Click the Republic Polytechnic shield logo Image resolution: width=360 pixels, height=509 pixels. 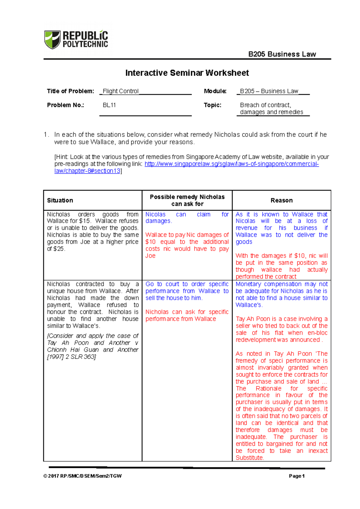[x=52, y=39]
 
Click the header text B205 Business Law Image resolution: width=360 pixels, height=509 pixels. [x=282, y=54]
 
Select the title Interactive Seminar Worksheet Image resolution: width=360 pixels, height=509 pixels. [x=187, y=73]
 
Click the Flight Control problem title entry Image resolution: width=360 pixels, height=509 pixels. [x=121, y=91]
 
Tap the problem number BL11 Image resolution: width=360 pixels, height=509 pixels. [x=109, y=105]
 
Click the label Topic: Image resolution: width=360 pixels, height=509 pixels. [x=212, y=105]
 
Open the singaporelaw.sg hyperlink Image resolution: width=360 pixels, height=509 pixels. [x=231, y=164]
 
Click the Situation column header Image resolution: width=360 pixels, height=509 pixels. [x=60, y=200]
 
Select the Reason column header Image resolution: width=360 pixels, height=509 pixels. [x=281, y=200]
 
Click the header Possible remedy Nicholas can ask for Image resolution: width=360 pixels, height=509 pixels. [x=187, y=200]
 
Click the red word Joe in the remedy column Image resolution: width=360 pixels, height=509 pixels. [x=150, y=256]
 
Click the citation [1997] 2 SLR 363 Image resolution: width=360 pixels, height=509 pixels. [x=71, y=357]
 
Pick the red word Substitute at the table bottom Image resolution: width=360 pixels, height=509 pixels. [x=249, y=458]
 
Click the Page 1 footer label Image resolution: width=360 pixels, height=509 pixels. [x=297, y=476]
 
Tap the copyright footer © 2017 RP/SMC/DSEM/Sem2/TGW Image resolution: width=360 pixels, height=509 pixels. [x=82, y=476]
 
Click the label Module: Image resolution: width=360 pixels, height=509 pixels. [x=215, y=91]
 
